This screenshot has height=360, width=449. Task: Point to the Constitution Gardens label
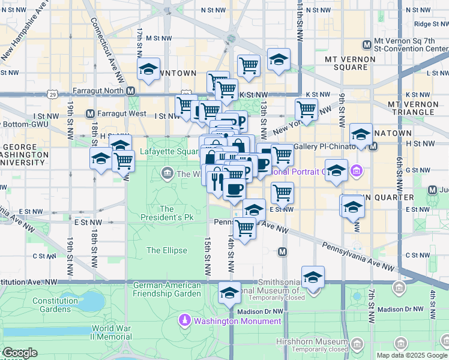[55, 304]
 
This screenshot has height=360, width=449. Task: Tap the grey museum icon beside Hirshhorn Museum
[358, 344]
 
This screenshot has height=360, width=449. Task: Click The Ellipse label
[166, 250]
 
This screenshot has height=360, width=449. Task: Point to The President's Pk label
[166, 214]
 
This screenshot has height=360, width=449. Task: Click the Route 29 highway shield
[53, 95]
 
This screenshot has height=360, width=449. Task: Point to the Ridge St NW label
[431, 24]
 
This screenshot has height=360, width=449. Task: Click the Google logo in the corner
[20, 353]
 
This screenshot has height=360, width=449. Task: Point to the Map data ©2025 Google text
[412, 355]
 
